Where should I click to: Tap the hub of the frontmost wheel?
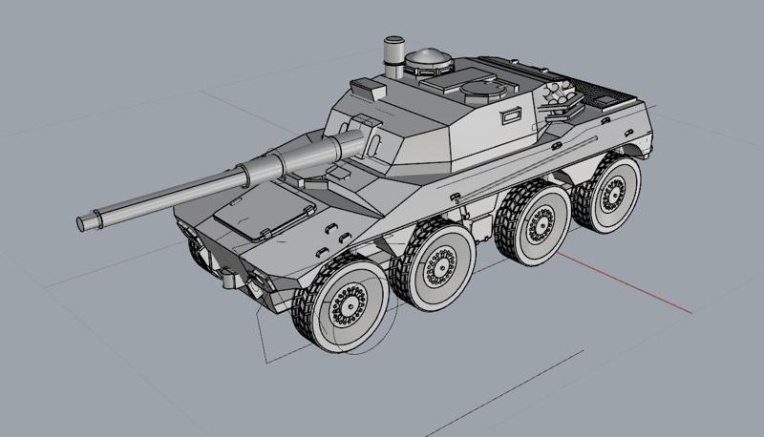(347, 305)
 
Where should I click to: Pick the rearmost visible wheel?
(609, 190)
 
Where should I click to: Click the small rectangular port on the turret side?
(511, 115)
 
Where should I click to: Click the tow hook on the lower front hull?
(230, 281)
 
